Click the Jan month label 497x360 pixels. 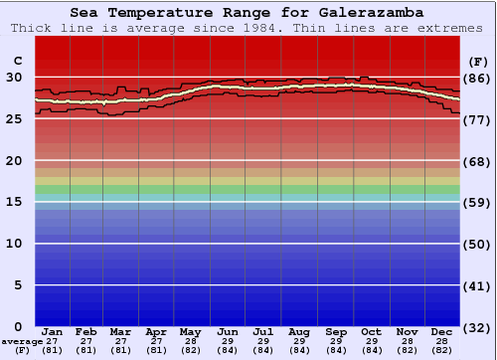pyautogui.click(x=53, y=331)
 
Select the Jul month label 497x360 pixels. pyautogui.click(x=263, y=331)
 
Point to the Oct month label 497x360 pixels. pyautogui.click(x=371, y=331)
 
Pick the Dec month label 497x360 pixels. pyautogui.click(x=442, y=331)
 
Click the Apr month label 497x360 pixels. pyautogui.click(x=156, y=331)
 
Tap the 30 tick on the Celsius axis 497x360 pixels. pyautogui.click(x=14, y=77)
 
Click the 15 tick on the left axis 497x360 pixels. pyautogui.click(x=14, y=202)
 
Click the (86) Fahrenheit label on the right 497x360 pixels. pyautogui.click(x=477, y=78)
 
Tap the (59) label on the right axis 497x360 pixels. pyautogui.click(x=477, y=203)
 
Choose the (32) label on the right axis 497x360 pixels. pyautogui.click(x=477, y=327)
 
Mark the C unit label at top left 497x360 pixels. pyautogui.click(x=17, y=60)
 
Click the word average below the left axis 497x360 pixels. pyautogui.click(x=22, y=341)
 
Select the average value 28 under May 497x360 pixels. pyautogui.click(x=192, y=341)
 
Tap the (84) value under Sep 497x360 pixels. pyautogui.click(x=335, y=350)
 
